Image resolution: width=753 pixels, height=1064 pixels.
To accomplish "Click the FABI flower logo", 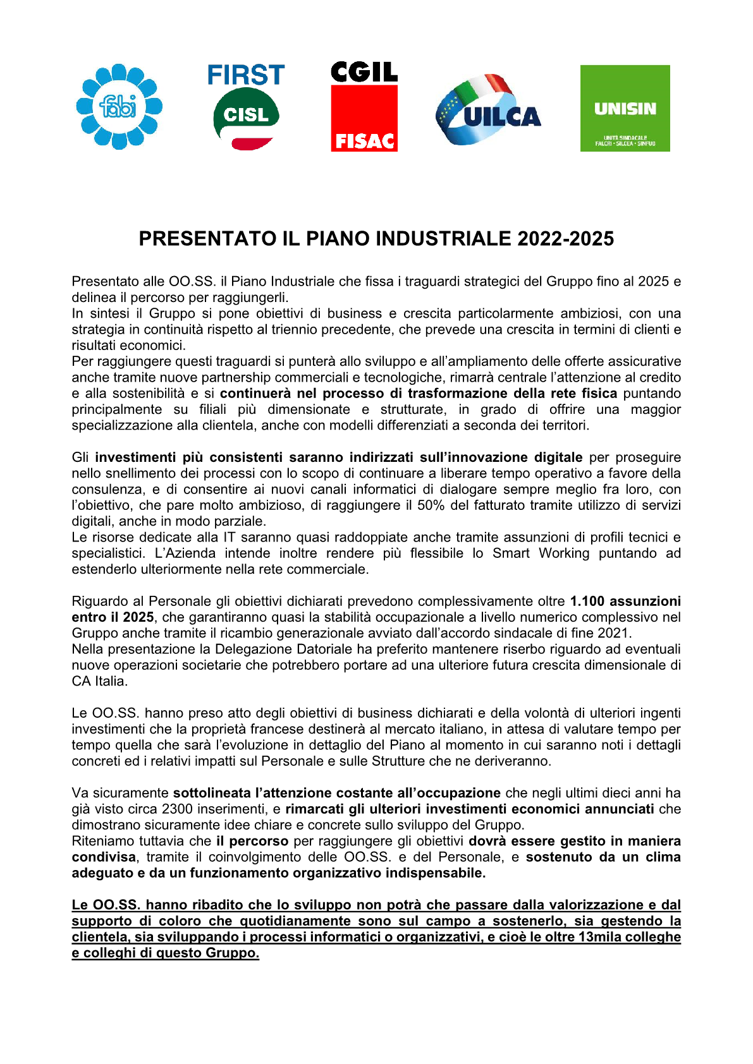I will coord(119,107).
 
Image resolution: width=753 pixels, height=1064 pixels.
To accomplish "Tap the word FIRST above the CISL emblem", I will coord(246,75).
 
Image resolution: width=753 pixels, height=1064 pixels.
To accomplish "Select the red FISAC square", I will coord(364,119).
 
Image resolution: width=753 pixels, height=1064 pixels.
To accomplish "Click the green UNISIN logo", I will coord(625,108).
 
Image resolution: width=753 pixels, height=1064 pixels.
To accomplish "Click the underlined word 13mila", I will coord(599,938).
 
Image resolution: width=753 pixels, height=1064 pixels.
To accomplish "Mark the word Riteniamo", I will coord(101,842).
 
